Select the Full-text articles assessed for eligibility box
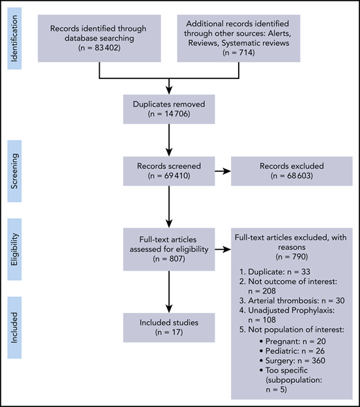click(170, 247)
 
